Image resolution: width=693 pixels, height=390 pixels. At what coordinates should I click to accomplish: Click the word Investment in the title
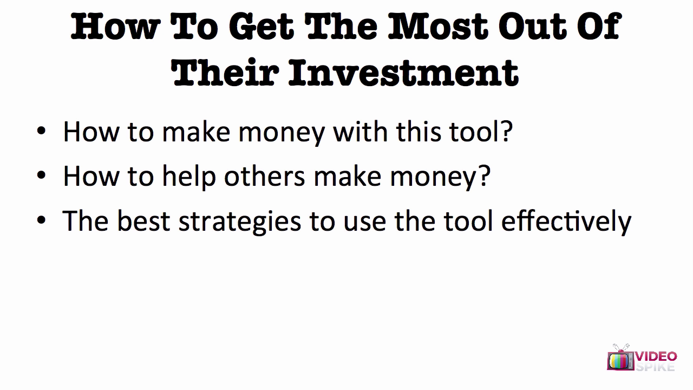click(x=404, y=73)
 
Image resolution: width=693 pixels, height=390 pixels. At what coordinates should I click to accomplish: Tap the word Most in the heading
click(x=439, y=27)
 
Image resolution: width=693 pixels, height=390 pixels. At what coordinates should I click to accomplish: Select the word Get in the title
click(x=261, y=27)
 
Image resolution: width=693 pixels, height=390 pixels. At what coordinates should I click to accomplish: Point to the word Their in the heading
click(x=225, y=72)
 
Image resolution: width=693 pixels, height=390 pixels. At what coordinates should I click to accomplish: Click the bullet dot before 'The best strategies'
click(x=41, y=220)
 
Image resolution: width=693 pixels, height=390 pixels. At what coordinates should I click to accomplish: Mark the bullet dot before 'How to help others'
click(x=41, y=175)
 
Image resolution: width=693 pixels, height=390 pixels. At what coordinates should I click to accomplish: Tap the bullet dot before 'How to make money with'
click(x=41, y=131)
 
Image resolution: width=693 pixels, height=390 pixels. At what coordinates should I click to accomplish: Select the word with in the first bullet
click(x=361, y=132)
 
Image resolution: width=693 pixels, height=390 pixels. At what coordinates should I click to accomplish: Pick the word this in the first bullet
click(x=419, y=132)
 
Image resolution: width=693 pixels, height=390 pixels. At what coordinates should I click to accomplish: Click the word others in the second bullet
click(x=265, y=176)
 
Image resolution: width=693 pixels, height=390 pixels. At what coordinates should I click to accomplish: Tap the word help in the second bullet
click(x=189, y=177)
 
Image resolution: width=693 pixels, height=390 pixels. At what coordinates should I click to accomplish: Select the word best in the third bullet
click(x=144, y=220)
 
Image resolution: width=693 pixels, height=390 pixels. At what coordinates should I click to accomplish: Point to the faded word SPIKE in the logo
click(x=655, y=367)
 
